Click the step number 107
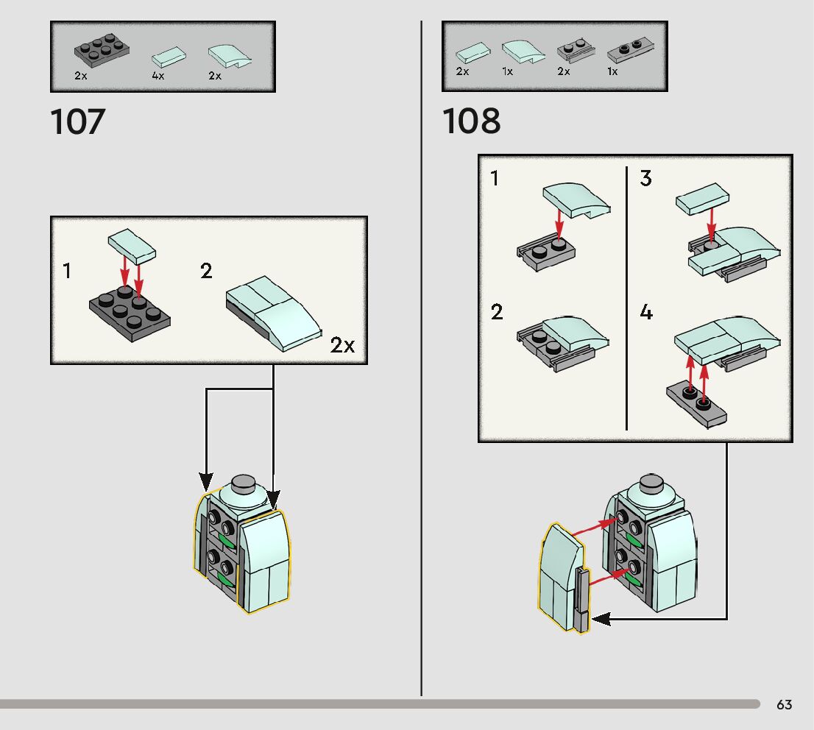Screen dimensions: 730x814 point(78,122)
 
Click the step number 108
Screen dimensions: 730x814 point(472,122)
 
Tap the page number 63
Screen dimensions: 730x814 point(785,705)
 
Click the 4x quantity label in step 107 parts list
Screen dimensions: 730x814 point(158,76)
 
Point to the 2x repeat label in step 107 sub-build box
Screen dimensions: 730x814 point(342,345)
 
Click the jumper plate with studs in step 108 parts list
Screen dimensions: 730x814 point(631,52)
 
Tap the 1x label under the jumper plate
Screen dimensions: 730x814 point(612,72)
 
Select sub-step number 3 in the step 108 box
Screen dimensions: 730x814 point(645,179)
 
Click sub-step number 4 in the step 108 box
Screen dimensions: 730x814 point(645,313)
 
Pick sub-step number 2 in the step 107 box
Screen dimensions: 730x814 point(206,271)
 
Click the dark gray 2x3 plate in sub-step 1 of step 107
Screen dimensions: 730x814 point(130,313)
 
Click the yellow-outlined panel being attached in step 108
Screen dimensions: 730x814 point(559,578)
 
